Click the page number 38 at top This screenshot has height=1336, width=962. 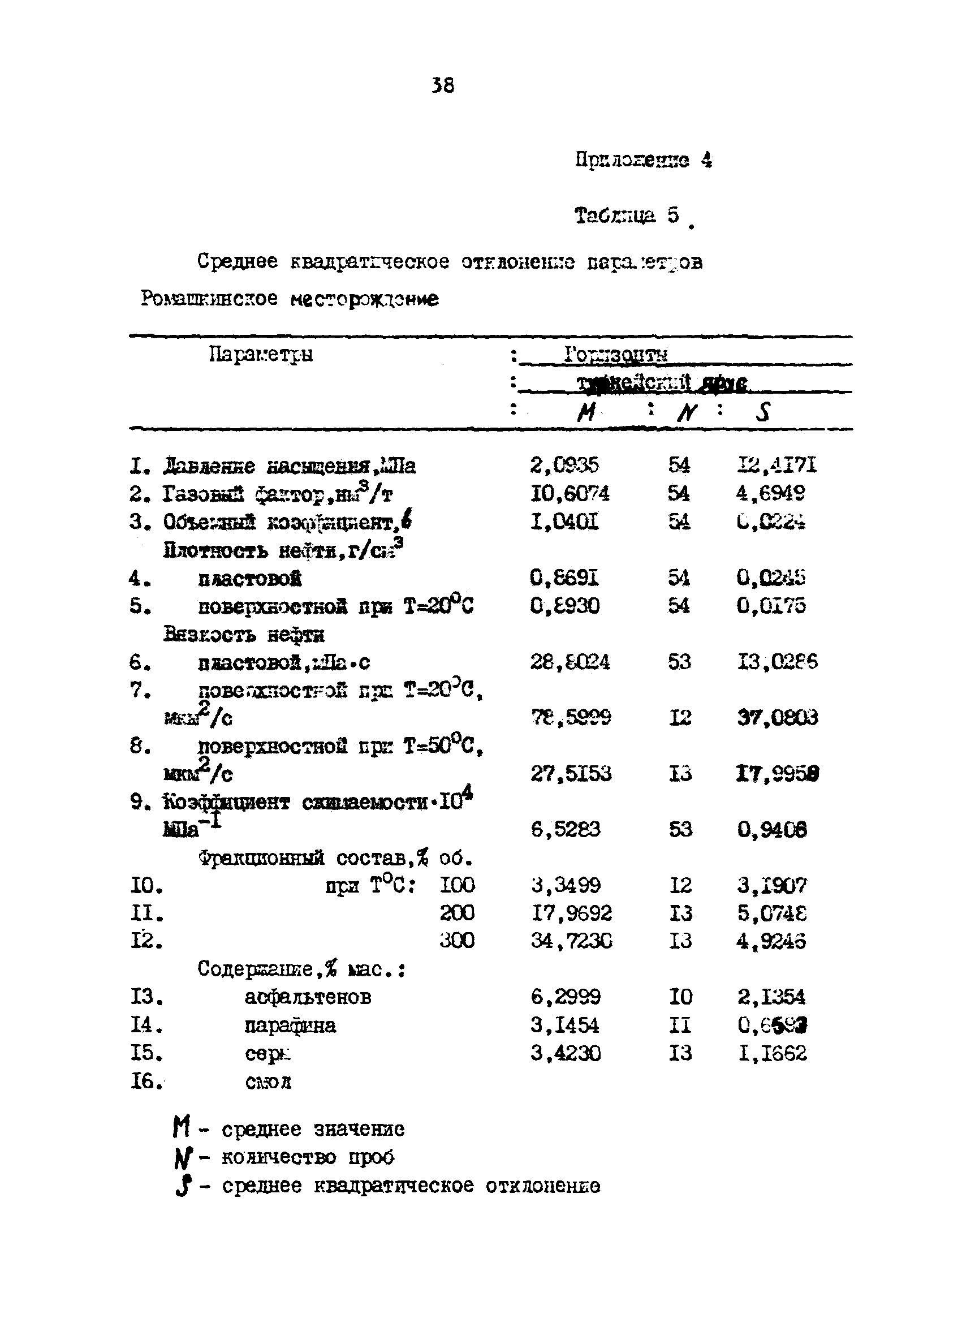coord(443,86)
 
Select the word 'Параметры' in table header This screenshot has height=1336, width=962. coord(261,355)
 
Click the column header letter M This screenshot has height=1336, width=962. coord(586,412)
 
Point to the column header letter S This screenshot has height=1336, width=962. coord(762,412)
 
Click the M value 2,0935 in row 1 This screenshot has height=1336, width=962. coord(564,466)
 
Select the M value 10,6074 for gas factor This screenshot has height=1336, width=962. coord(569,493)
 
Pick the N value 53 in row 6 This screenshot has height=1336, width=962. coord(679,662)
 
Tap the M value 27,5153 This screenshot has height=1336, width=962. coord(570,773)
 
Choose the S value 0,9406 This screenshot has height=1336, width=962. coord(771,830)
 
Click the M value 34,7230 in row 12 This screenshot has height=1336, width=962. coord(570,941)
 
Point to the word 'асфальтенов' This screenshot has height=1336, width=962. coord(308,997)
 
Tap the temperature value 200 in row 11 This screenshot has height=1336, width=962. coord(456,913)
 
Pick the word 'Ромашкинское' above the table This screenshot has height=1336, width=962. coord(209,299)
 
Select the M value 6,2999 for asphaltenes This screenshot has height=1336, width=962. coord(565,997)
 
